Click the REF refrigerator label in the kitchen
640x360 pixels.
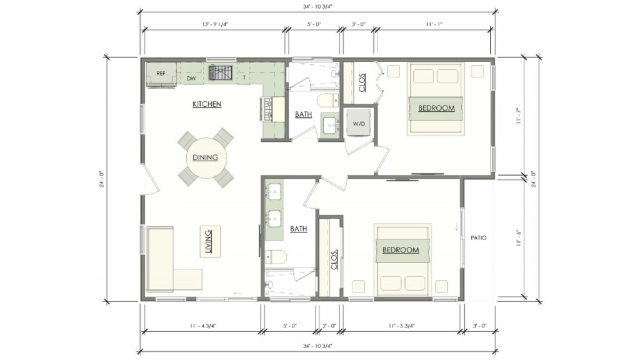coord(161,74)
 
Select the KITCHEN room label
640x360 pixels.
coord(207,104)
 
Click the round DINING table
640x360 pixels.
coord(206,157)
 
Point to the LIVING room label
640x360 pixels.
coord(208,241)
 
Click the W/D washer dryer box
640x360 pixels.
coord(359,124)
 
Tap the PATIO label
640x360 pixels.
coord(479,238)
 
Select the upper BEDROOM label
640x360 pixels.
coord(436,108)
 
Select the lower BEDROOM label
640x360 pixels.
coord(401,250)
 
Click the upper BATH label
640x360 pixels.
coord(304,114)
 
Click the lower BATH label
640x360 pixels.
coord(299,229)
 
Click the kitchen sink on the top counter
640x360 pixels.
coord(219,73)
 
